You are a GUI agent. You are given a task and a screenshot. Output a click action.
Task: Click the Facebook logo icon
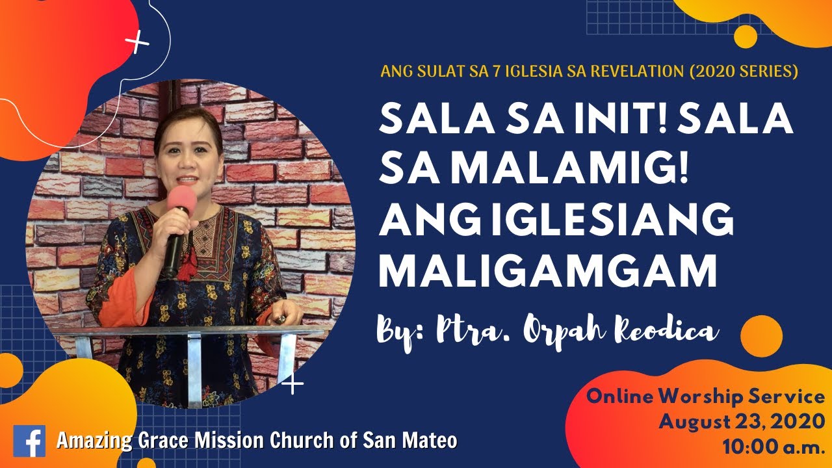click(29, 441)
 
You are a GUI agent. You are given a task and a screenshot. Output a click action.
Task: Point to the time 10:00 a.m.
click(773, 447)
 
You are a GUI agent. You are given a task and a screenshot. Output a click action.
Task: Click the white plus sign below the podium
click(293, 384)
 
